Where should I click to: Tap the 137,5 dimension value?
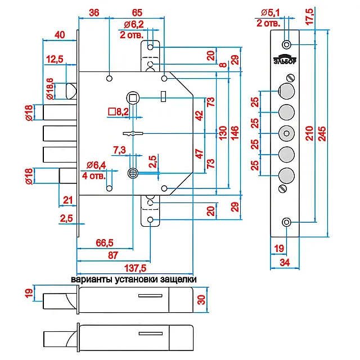[135, 268]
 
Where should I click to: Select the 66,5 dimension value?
[105, 242]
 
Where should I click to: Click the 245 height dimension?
[322, 133]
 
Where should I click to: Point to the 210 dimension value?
[309, 133]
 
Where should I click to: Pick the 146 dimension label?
[235, 133]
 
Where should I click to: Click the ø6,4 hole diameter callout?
[96, 165]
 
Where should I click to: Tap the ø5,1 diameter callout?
[270, 12]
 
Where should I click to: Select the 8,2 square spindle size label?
[118, 112]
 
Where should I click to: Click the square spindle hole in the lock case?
[133, 98]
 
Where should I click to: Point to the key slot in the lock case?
[133, 133]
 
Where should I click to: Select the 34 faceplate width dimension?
[285, 263]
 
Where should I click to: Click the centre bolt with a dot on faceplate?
[286, 133]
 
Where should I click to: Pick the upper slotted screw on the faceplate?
[291, 78]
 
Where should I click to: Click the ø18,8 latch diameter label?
[50, 89]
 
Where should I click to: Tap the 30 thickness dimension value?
[201, 300]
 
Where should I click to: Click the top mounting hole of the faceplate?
[286, 44]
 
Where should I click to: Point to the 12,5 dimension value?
[55, 59]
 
